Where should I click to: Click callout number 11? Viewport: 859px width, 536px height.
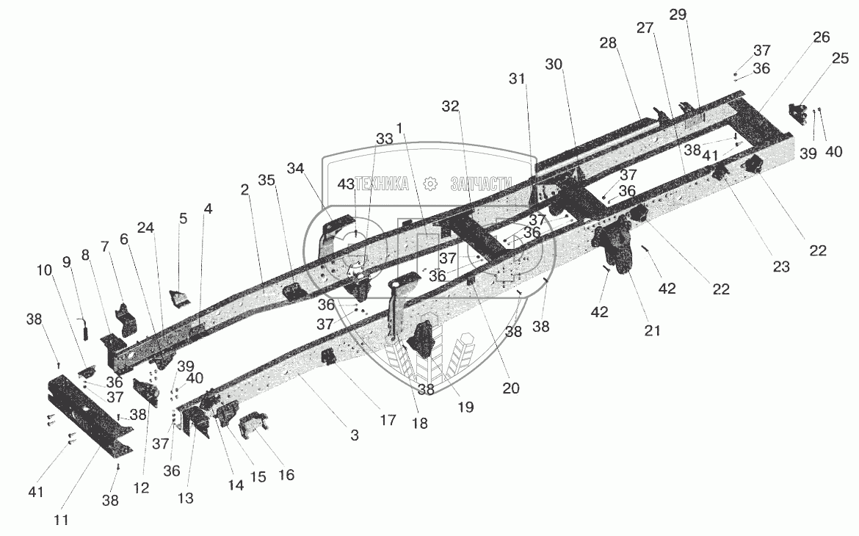tap(61, 520)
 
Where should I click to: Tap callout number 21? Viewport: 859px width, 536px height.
tap(652, 330)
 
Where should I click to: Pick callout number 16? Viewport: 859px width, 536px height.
tap(286, 475)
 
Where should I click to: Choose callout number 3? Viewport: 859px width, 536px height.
tap(354, 435)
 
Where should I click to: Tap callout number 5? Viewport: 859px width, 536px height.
tap(183, 218)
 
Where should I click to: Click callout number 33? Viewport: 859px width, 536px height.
tap(384, 139)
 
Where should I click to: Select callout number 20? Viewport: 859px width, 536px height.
tap(511, 388)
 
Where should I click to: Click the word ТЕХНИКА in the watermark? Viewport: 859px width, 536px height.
tap(383, 184)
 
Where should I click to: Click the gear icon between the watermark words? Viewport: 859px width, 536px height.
tap(431, 184)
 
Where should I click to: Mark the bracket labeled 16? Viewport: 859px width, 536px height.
tap(254, 425)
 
